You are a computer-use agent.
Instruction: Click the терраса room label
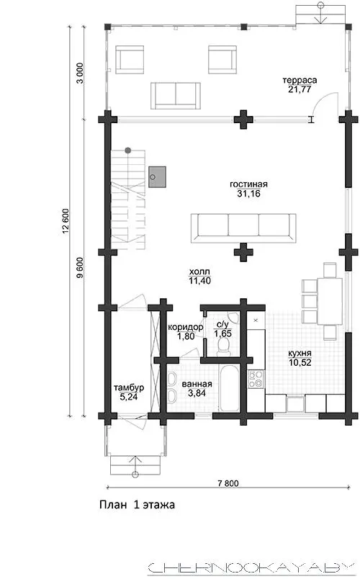300,80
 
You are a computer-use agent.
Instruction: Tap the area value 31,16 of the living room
248,194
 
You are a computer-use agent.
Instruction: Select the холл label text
199,271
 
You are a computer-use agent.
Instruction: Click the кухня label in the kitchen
300,353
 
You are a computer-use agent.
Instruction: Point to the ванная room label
197,384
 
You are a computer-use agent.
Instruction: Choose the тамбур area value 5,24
129,397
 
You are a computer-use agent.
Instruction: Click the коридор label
185,327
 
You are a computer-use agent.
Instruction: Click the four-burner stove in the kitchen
256,380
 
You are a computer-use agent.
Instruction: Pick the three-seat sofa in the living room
243,228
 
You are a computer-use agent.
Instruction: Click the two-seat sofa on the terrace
176,96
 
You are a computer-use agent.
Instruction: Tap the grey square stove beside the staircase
157,177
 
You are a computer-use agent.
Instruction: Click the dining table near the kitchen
330,300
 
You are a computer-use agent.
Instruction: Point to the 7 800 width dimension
228,483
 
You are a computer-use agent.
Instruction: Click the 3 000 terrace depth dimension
80,73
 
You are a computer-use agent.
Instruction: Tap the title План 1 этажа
137,505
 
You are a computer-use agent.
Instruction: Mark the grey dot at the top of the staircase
127,151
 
